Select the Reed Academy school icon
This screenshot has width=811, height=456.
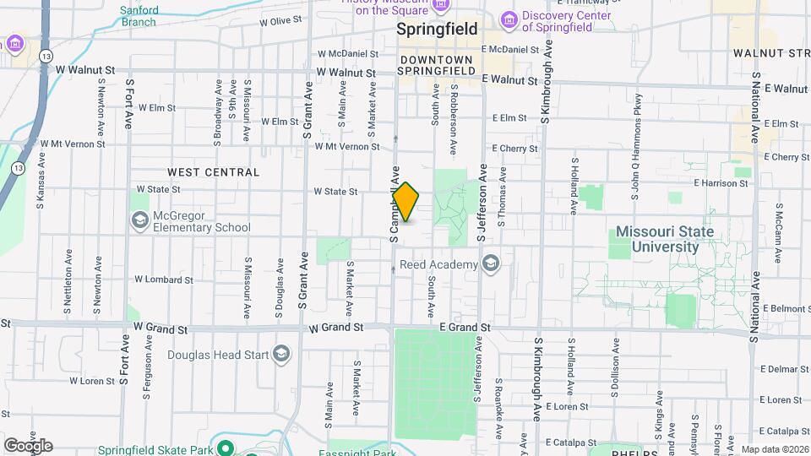click(x=489, y=264)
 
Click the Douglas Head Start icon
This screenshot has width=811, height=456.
click(x=282, y=354)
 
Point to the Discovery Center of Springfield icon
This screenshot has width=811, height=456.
click(x=509, y=19)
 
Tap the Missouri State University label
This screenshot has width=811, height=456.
click(x=664, y=239)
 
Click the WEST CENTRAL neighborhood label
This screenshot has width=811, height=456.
click(x=213, y=172)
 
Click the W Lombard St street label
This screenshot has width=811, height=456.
click(x=166, y=279)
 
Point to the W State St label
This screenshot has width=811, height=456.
click(x=335, y=192)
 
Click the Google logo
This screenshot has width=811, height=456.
click(x=27, y=445)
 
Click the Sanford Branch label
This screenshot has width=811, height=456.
click(x=139, y=16)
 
